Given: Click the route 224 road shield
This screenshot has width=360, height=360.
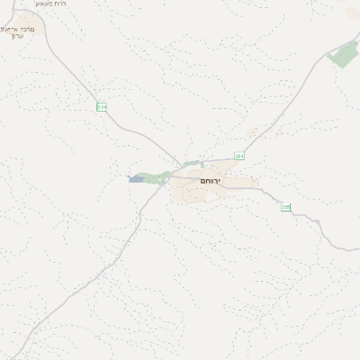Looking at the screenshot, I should coord(102,107).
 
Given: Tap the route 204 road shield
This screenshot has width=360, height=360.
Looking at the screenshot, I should coord(238,156).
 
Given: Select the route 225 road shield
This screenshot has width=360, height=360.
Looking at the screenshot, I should coord(285,207).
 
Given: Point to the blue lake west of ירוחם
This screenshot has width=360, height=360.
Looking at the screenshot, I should coord(136,179).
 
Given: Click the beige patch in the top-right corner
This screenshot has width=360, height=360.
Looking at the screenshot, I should coord(352,13).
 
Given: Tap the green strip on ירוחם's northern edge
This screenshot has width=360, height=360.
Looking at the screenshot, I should coord(192,164).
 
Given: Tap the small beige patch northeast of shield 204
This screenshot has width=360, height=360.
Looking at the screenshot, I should coord(252,132).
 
